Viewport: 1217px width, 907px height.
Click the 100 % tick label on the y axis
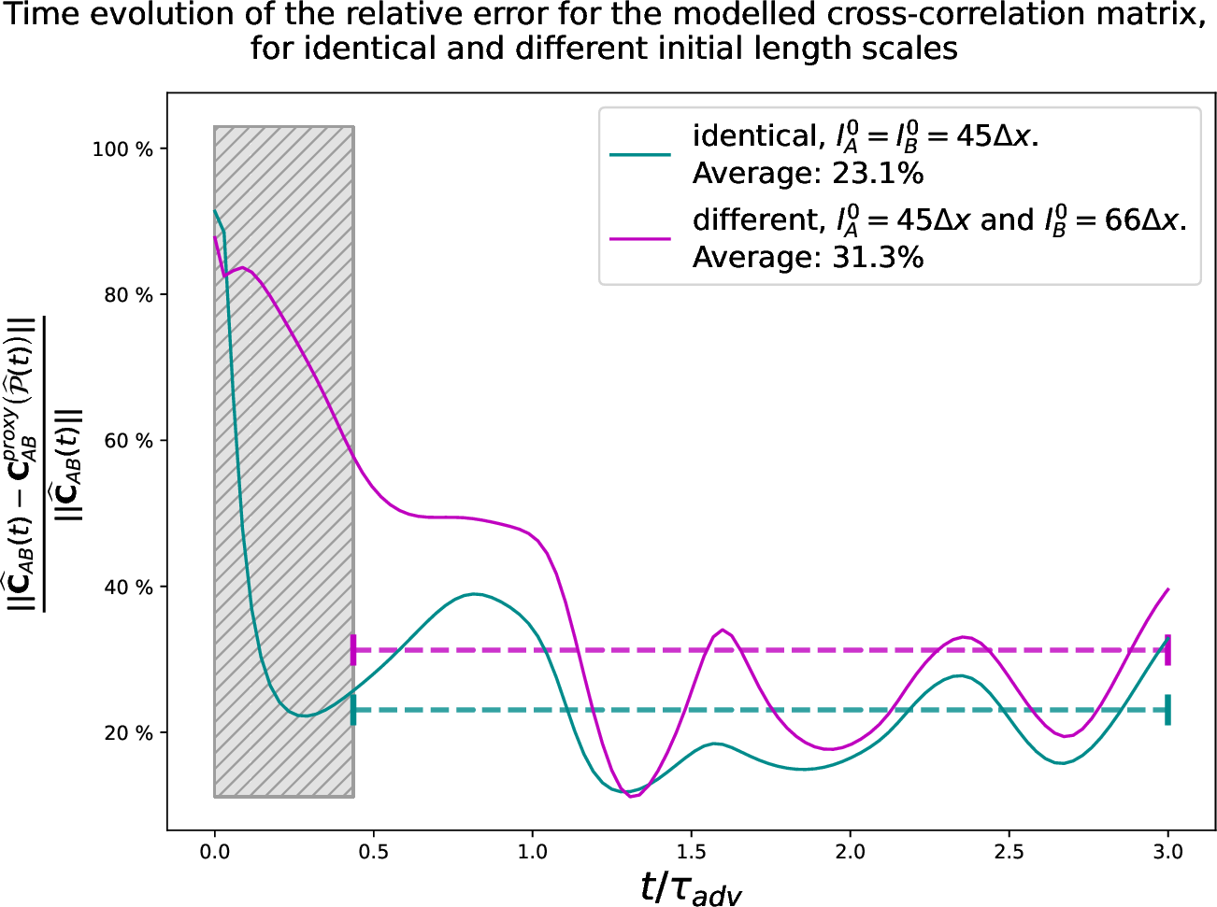[122, 149]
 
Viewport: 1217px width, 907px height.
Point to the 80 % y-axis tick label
[127, 295]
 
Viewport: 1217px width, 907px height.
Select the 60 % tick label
[127, 441]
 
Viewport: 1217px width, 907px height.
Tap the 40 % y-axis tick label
[127, 588]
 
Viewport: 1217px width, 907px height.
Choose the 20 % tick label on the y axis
[127, 733]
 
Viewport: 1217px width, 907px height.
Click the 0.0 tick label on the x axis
[215, 852]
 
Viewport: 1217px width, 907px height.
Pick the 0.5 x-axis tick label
[374, 852]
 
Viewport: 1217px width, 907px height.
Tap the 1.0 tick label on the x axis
[533, 852]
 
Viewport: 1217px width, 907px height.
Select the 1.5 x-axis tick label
[692, 852]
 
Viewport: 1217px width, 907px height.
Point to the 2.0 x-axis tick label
[851, 852]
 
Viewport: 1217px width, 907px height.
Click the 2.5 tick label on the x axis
[1009, 852]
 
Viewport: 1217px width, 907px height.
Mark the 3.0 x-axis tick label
[1168, 852]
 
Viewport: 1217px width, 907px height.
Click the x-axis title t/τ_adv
[691, 887]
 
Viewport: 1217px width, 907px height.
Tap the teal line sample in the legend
[640, 155]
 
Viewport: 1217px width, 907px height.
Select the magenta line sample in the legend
[640, 239]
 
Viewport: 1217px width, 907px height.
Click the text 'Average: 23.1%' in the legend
[808, 174]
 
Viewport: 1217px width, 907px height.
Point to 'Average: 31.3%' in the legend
[808, 258]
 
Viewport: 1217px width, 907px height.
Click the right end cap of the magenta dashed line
[1168, 649]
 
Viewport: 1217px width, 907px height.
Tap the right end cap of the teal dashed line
[1168, 710]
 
